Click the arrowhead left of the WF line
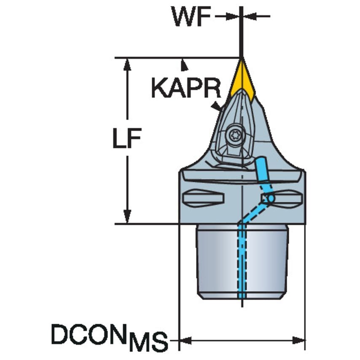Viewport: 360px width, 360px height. pyautogui.click(x=234, y=16)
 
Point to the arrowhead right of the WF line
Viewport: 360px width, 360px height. pyautogui.click(x=249, y=16)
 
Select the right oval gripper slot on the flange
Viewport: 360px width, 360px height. pyautogui.click(x=287, y=198)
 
